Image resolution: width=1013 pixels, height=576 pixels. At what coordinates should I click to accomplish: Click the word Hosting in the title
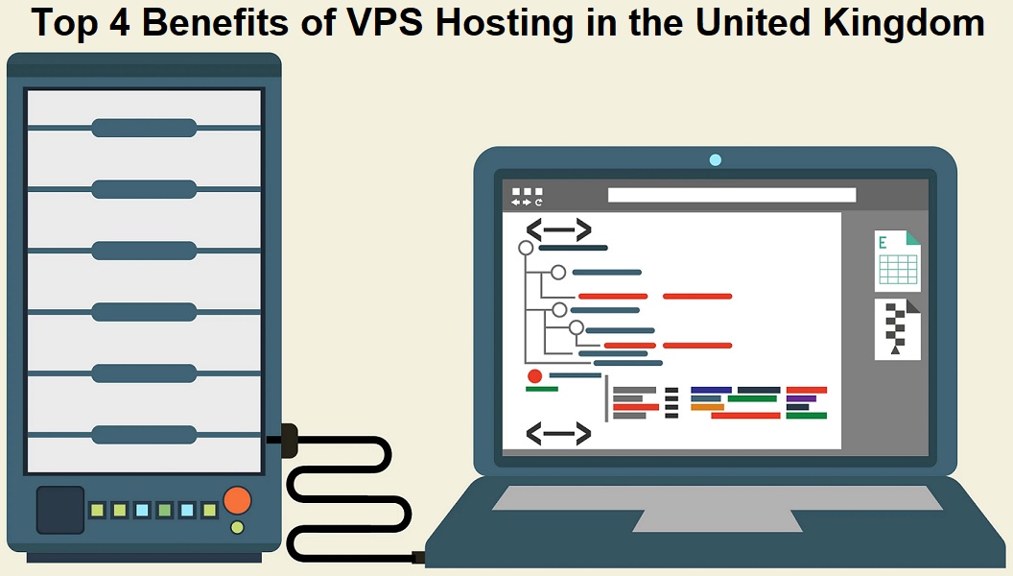tap(495, 23)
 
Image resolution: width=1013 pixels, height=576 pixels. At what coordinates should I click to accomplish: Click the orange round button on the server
tap(236, 500)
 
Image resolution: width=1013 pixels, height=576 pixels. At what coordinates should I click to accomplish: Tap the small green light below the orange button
tap(237, 527)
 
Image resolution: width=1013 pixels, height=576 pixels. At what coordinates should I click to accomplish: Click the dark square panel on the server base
tap(59, 510)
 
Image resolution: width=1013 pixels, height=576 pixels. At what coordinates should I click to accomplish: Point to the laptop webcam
tap(715, 159)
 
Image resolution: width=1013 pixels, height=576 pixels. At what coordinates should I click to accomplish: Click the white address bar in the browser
tap(731, 195)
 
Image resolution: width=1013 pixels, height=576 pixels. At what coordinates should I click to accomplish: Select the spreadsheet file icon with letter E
tap(897, 261)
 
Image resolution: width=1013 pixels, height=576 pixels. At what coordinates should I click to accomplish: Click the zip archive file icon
tap(897, 329)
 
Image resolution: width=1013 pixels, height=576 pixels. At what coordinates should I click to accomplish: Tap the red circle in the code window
tap(534, 376)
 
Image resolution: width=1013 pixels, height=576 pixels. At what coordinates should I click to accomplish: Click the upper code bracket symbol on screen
tap(558, 229)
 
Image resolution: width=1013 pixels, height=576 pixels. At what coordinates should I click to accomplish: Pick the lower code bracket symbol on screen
tap(558, 434)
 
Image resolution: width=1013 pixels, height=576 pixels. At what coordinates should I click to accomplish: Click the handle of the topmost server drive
tap(144, 128)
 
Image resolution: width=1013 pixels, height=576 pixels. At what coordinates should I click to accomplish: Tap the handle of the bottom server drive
tap(144, 435)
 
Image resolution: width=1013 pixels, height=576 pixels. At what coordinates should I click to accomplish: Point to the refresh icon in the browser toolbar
tap(539, 203)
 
